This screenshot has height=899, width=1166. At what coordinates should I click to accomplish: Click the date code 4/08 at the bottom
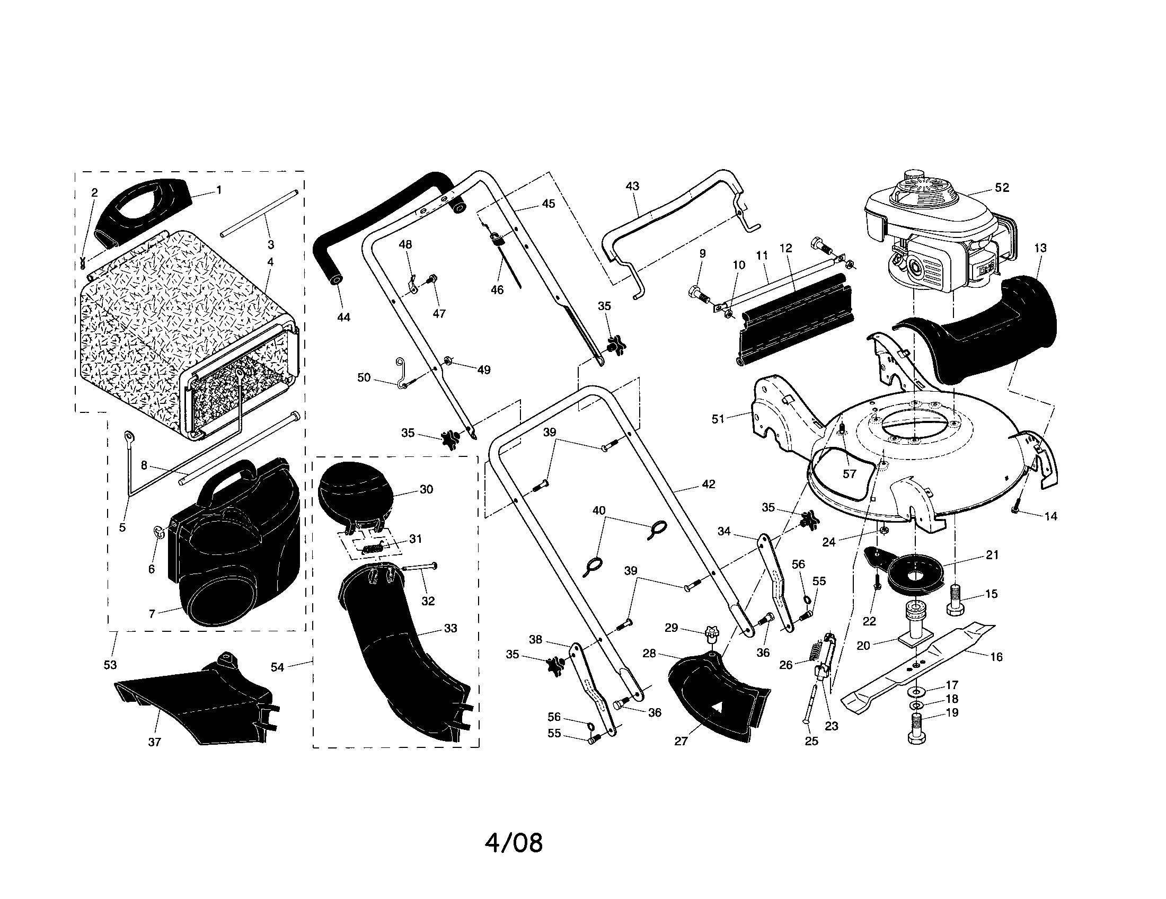pyautogui.click(x=514, y=843)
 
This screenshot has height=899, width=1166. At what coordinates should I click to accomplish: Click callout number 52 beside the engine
pyautogui.click(x=1002, y=188)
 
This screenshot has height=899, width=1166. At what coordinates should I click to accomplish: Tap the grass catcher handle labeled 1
pyautogui.click(x=142, y=209)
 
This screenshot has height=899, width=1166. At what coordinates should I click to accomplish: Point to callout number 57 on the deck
pyautogui.click(x=849, y=473)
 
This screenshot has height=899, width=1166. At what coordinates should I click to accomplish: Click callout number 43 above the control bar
pyautogui.click(x=632, y=186)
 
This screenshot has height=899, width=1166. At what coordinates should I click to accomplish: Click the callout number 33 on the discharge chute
pyautogui.click(x=450, y=628)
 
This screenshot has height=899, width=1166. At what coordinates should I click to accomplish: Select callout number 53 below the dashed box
pyautogui.click(x=110, y=665)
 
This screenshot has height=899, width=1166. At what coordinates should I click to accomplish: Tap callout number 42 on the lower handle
pyautogui.click(x=708, y=484)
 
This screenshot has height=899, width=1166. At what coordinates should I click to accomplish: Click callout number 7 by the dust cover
pyautogui.click(x=152, y=614)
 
